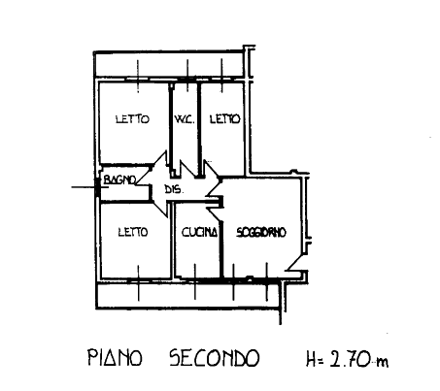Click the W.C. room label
click(x=185, y=119)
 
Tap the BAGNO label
click(x=119, y=179)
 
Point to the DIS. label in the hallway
click(x=174, y=189)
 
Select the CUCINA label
click(x=199, y=232)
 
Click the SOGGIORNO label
click(x=261, y=232)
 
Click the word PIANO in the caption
click(x=115, y=357)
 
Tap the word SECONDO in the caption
click(x=215, y=357)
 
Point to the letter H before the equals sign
click(x=312, y=359)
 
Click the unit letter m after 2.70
click(x=382, y=362)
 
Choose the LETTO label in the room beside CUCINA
click(x=133, y=232)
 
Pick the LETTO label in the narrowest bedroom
click(x=225, y=119)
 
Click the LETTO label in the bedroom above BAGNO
click(x=132, y=119)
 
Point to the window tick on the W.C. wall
click(x=187, y=76)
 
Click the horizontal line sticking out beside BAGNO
click(x=84, y=187)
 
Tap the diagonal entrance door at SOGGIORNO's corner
click(x=295, y=262)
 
